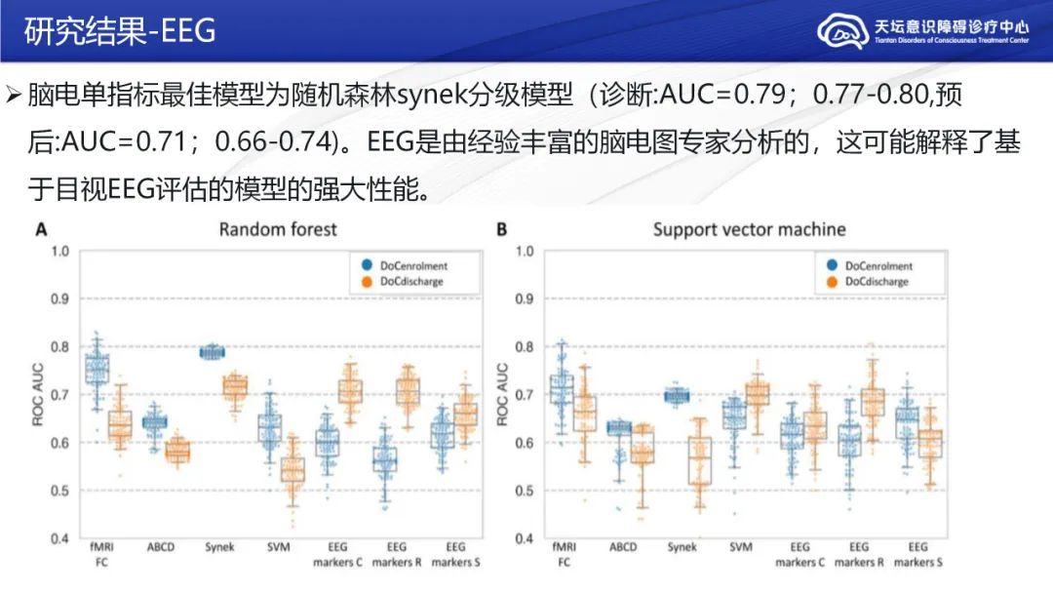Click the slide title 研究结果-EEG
click(119, 31)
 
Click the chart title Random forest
click(278, 229)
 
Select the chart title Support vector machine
click(749, 229)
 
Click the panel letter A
click(41, 229)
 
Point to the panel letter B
click(501, 229)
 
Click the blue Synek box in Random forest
click(212, 352)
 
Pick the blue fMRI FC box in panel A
click(97, 370)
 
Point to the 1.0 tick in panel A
click(60, 252)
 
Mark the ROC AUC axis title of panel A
click(39, 394)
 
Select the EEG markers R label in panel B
click(858, 554)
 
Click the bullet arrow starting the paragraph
click(13, 96)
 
